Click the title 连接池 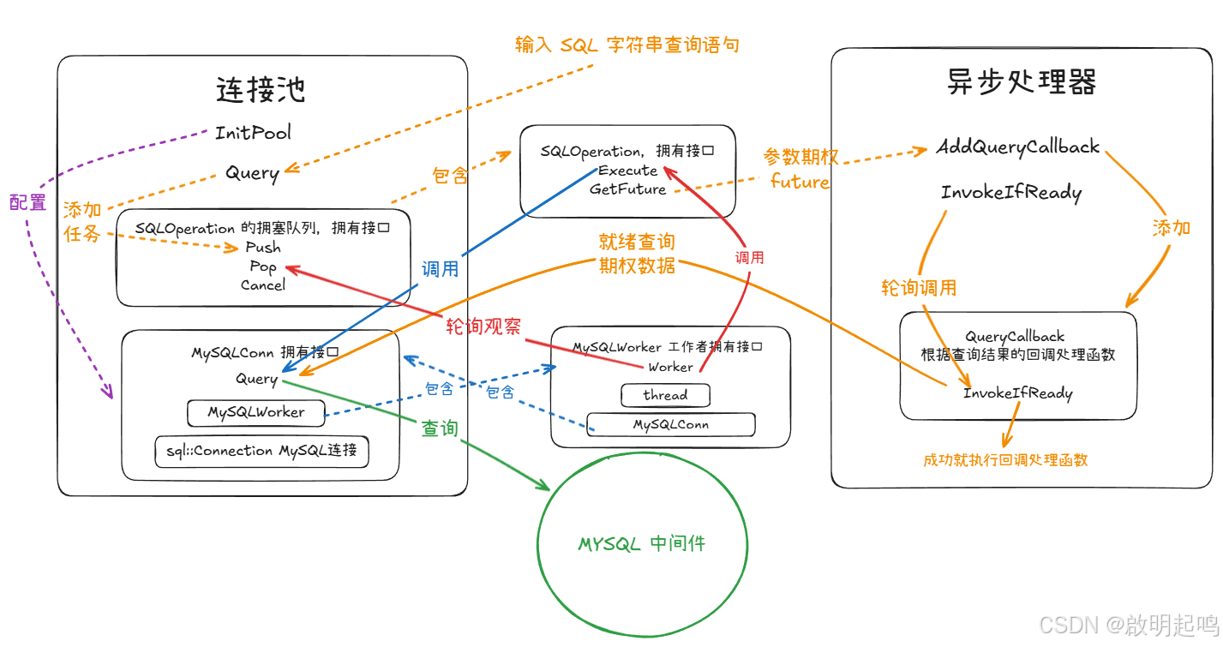click(x=261, y=89)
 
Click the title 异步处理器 click(x=1022, y=81)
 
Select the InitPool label click(x=253, y=133)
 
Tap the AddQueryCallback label click(x=1017, y=147)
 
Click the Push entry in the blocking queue click(x=263, y=247)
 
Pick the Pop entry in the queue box click(x=263, y=266)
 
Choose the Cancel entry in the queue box click(x=263, y=285)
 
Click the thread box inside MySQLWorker click(x=665, y=395)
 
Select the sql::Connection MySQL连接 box click(x=262, y=451)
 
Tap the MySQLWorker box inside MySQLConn click(x=255, y=412)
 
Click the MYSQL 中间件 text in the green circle click(x=642, y=543)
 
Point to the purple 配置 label click(x=27, y=202)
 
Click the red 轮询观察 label click(x=483, y=326)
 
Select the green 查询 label click(x=440, y=428)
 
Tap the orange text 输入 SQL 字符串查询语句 click(x=626, y=45)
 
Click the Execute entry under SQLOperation click(x=628, y=171)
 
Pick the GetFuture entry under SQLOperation click(x=627, y=189)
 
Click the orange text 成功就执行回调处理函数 click(x=1005, y=459)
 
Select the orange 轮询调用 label click(x=919, y=288)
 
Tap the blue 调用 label click(x=440, y=269)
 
